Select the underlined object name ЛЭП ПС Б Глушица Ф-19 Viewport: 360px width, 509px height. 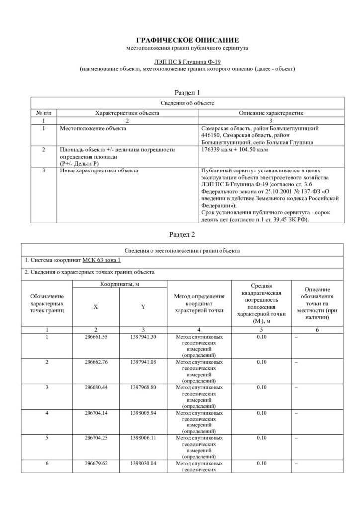click(x=181, y=61)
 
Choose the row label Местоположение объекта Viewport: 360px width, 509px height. click(x=92, y=128)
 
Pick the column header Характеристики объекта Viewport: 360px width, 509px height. click(x=127, y=113)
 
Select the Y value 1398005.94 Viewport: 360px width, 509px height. click(x=143, y=412)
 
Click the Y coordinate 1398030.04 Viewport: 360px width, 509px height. click(x=143, y=463)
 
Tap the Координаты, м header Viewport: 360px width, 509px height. click(x=120, y=284)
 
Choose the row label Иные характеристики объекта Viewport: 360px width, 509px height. click(x=99, y=171)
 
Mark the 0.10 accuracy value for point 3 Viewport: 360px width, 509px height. click(x=262, y=387)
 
